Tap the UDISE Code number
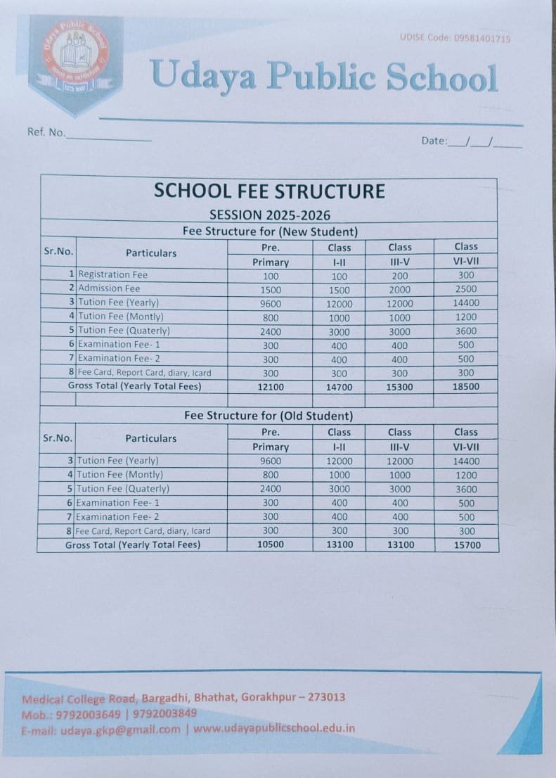481,39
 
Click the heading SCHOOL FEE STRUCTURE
269,191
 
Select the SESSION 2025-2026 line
269,215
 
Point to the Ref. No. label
46,132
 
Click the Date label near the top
434,141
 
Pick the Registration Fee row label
112,274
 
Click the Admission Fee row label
109,288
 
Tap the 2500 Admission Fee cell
465,289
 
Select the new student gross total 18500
465,387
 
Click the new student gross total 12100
270,387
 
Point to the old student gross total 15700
465,545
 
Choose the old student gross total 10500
270,545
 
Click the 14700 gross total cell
340,387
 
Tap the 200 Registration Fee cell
399,276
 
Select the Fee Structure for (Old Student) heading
269,416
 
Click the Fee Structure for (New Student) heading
270,231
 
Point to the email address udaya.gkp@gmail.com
120,729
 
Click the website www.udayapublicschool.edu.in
274,728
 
